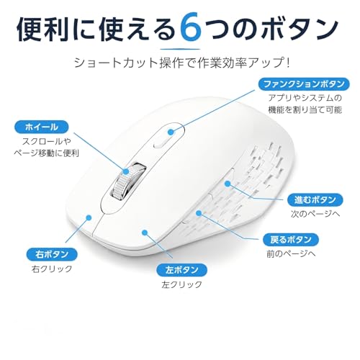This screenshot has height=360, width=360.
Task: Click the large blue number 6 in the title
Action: click(190, 29)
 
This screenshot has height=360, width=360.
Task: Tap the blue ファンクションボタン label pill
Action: click(304, 84)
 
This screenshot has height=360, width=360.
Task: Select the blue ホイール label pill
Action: click(42, 127)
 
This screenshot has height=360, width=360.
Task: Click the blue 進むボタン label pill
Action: click(315, 199)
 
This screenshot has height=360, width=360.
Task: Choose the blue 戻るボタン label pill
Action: click(291, 239)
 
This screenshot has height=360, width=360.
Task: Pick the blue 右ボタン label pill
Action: click(52, 254)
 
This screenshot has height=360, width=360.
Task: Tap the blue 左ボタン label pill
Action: click(181, 270)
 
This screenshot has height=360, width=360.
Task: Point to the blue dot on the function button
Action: click(171, 132)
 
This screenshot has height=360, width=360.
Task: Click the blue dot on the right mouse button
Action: click(89, 217)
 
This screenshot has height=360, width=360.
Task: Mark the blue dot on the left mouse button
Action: click(145, 232)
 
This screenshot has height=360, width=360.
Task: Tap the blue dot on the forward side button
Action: click(228, 184)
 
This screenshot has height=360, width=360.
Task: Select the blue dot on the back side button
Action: click(199, 212)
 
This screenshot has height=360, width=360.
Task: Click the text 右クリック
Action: click(52, 269)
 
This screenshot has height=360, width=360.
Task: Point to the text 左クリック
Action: click(181, 284)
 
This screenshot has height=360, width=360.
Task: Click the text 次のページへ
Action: click(315, 214)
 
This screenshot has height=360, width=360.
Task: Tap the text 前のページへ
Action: click(291, 253)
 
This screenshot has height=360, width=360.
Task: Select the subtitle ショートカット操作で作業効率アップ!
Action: click(182, 63)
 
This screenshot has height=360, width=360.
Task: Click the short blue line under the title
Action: click(180, 49)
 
